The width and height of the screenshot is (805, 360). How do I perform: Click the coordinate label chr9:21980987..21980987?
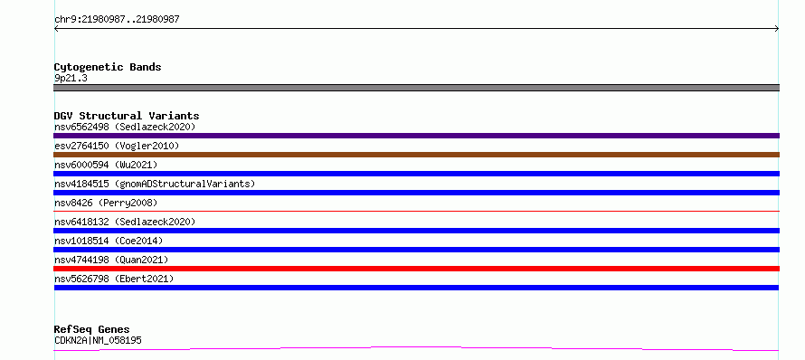pos(117,20)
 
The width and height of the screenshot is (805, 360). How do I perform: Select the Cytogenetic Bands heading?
pos(108,67)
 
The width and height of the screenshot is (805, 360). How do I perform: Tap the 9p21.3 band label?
pos(71,78)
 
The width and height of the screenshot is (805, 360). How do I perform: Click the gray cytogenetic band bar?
pos(416,88)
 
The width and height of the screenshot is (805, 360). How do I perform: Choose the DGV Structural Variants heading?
pos(127,116)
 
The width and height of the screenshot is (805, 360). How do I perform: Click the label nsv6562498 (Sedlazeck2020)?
pos(125,127)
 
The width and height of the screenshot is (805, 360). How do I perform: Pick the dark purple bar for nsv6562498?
pos(416,136)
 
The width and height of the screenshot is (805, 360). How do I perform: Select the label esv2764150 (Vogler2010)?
pos(117,146)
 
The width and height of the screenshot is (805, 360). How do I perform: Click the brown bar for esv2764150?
pos(416,155)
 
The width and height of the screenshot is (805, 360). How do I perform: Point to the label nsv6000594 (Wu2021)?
pos(106,165)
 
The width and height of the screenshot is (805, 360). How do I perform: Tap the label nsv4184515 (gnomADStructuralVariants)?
pos(155,184)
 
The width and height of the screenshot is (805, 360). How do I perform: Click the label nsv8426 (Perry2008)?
pos(106,203)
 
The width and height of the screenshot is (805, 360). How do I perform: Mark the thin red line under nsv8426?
pos(416,211)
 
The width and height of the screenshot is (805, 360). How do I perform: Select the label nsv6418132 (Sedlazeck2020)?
pos(125,222)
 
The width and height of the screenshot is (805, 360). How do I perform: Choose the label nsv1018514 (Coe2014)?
pos(109,241)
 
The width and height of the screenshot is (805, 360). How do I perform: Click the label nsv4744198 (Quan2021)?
pos(111,260)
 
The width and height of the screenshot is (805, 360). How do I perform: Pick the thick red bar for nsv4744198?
pos(416,269)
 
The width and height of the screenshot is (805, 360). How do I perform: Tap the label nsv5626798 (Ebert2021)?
pos(114,279)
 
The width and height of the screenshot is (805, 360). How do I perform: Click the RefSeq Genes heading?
pos(92,329)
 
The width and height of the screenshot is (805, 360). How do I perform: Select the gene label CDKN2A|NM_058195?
pos(98,340)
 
